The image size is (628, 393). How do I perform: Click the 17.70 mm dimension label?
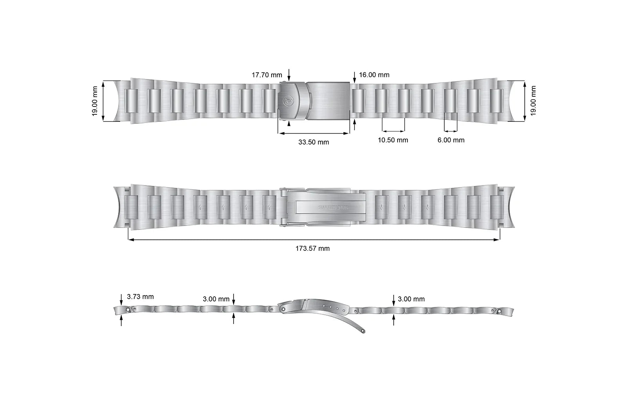point(267,75)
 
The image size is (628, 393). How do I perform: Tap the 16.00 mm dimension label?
point(374,75)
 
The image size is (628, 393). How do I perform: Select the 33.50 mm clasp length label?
point(314,142)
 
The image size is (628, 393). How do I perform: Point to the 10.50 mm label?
point(393,140)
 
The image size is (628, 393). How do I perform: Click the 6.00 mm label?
point(451,140)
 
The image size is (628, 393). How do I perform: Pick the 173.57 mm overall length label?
point(312,248)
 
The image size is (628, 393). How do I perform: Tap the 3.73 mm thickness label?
point(140,297)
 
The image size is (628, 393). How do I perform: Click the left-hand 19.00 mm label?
point(95,101)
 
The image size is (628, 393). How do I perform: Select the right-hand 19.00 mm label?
point(533,101)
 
